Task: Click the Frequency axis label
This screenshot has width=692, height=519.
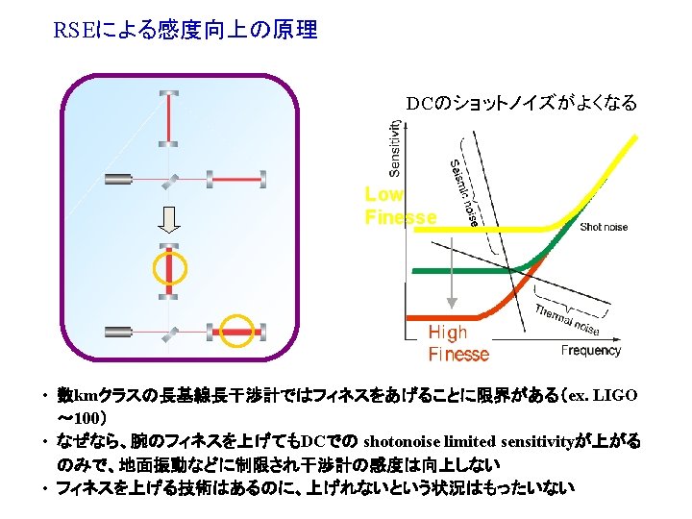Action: [x=590, y=351]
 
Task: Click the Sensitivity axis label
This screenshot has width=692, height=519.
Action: [x=394, y=148]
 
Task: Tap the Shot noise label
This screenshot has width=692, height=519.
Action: [x=604, y=227]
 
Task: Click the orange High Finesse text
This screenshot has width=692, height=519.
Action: [x=458, y=343]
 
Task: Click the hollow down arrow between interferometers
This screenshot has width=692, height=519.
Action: [x=169, y=220]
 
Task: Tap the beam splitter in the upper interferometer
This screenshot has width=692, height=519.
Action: [x=169, y=179]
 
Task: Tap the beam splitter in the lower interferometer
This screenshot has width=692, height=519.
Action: [x=169, y=332]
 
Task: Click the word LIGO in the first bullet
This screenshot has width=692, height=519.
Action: [x=615, y=396]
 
